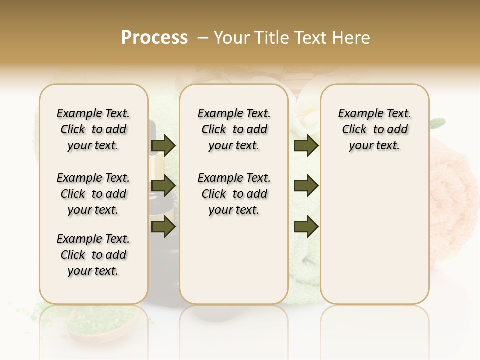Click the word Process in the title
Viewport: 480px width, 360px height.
coord(154,38)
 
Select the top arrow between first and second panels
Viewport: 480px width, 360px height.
coord(163,146)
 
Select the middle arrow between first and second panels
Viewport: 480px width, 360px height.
coord(163,186)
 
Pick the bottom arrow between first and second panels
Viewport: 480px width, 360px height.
coord(163,226)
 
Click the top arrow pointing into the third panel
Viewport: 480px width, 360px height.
coord(306,146)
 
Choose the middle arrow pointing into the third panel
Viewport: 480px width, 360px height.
coord(306,186)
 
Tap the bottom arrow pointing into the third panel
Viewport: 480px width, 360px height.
coord(306,226)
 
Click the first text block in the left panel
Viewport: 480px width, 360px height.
coord(93,129)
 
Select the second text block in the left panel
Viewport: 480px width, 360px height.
coord(93,194)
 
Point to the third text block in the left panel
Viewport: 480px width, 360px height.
coord(93,255)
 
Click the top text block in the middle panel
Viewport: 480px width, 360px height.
coord(234,129)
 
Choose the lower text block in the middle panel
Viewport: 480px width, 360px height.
coord(234,194)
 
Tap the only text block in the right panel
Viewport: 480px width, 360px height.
coord(375,129)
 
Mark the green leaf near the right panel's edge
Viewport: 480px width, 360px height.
coord(438,121)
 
